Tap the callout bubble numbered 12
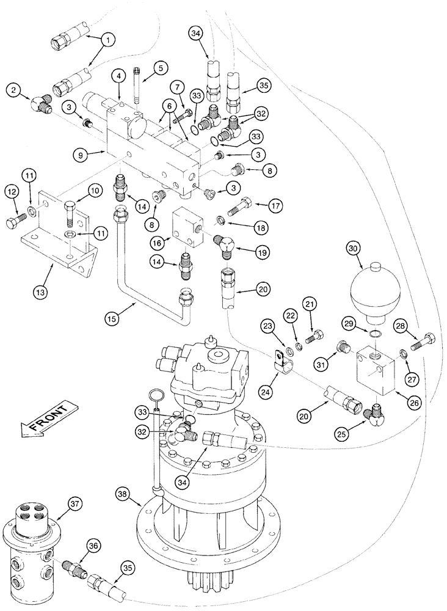click(15, 191)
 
